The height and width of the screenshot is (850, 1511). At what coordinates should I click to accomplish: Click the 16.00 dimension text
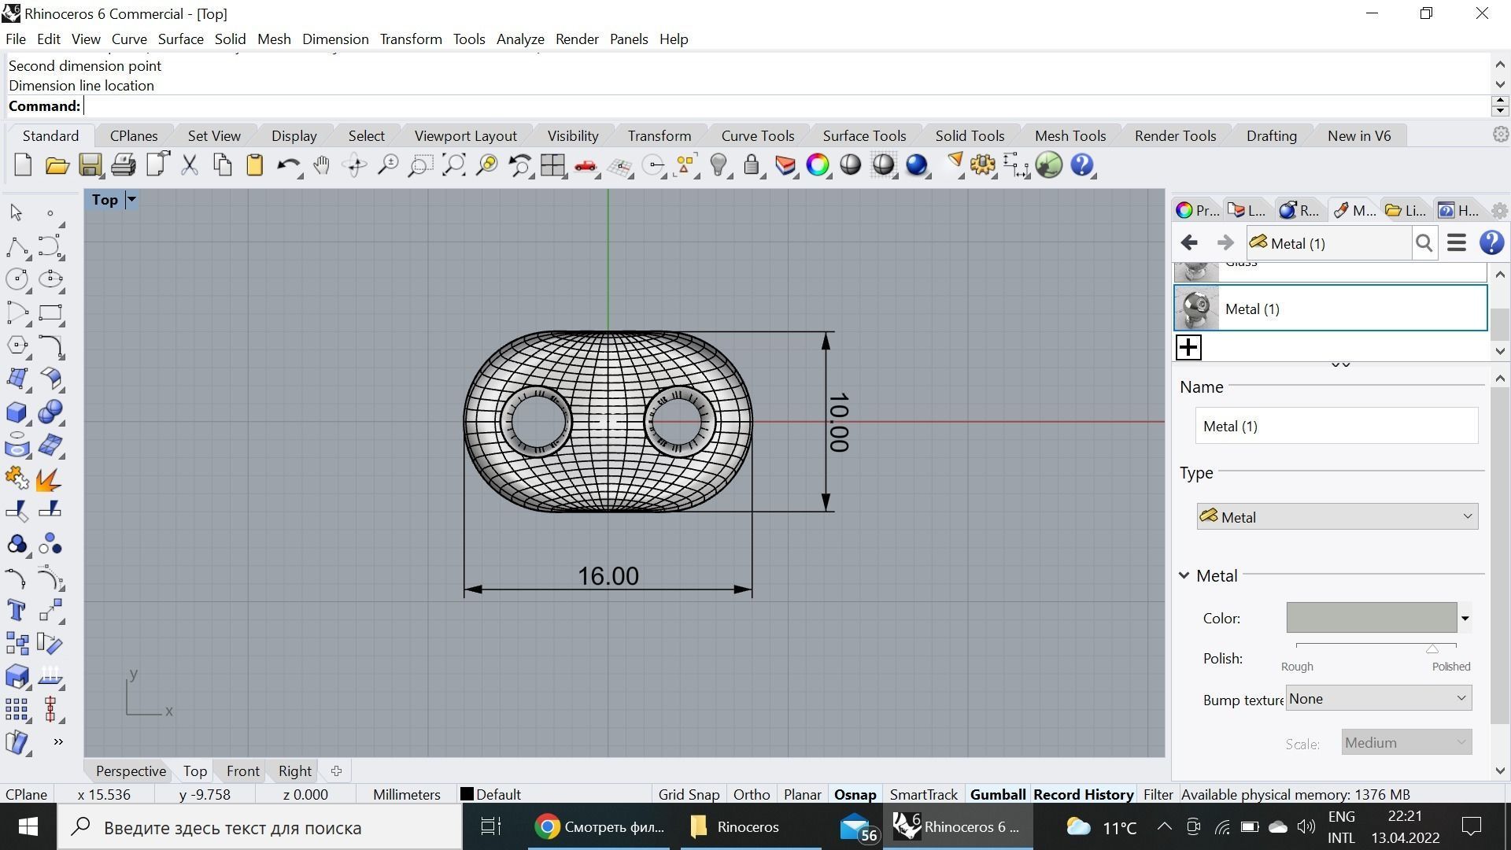(x=608, y=576)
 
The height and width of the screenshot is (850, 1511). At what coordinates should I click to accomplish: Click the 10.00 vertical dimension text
(x=838, y=423)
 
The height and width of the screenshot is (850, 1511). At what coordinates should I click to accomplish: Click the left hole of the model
(x=535, y=421)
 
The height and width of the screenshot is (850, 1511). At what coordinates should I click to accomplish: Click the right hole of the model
(x=679, y=421)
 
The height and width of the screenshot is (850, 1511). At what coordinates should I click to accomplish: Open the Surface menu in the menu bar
(x=180, y=39)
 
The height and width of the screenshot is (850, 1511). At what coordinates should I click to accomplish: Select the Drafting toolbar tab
(x=1271, y=135)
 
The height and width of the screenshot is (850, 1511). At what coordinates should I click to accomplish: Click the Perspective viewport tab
(x=131, y=771)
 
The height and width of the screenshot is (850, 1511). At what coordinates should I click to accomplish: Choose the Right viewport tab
(x=294, y=771)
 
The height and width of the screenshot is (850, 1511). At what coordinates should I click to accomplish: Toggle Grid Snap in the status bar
(x=689, y=794)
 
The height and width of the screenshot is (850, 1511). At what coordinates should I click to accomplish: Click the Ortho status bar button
(x=751, y=794)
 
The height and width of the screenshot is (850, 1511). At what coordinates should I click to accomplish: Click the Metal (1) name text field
(x=1336, y=426)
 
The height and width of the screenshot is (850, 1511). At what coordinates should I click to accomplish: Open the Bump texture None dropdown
(x=1378, y=698)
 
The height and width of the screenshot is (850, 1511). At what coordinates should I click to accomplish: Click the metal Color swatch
(x=1371, y=618)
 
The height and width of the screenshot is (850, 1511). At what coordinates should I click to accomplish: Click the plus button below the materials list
(x=1188, y=347)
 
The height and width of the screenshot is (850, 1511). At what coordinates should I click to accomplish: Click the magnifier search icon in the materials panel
(x=1424, y=243)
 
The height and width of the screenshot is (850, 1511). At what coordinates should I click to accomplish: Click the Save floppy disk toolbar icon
(x=90, y=165)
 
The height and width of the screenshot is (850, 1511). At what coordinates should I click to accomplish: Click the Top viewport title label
(x=105, y=199)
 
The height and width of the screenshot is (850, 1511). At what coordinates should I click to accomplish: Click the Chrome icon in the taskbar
(x=547, y=826)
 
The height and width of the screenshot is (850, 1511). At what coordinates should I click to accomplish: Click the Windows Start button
(x=28, y=826)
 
